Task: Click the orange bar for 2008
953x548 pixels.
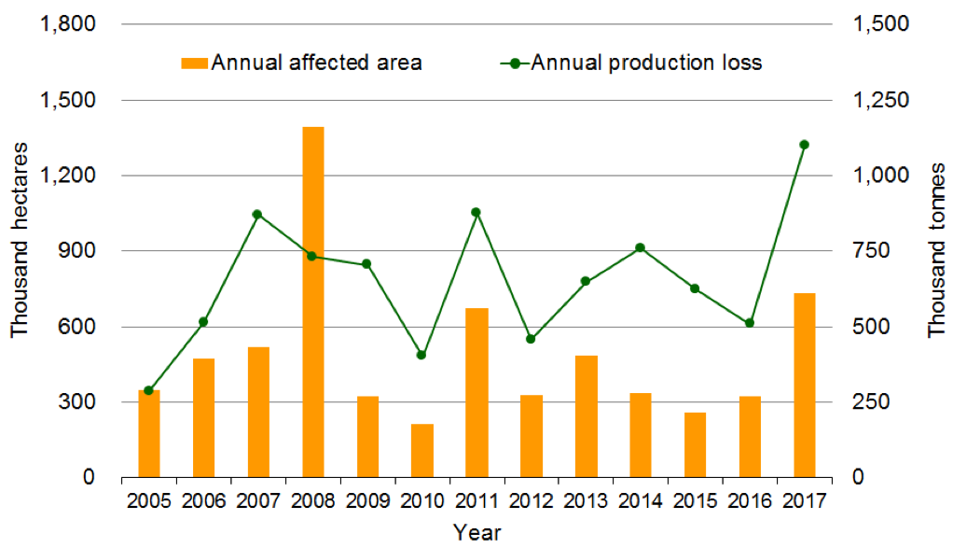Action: [313, 302]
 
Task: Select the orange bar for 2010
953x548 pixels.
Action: [422, 451]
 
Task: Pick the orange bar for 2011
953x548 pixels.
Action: [476, 393]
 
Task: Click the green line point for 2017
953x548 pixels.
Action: [804, 145]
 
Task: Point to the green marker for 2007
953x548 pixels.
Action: [258, 215]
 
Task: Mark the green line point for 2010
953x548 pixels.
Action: [421, 355]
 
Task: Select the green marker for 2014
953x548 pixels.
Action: [640, 248]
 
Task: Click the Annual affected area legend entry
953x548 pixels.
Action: [302, 63]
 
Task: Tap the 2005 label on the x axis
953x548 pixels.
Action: [149, 502]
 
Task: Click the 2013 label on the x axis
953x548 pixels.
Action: [586, 502]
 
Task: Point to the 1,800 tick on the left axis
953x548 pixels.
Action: [72, 24]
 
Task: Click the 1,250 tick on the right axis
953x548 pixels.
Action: [880, 100]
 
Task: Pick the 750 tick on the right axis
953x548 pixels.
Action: [870, 251]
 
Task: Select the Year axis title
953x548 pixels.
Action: [476, 533]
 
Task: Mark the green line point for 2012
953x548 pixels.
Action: [531, 339]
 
